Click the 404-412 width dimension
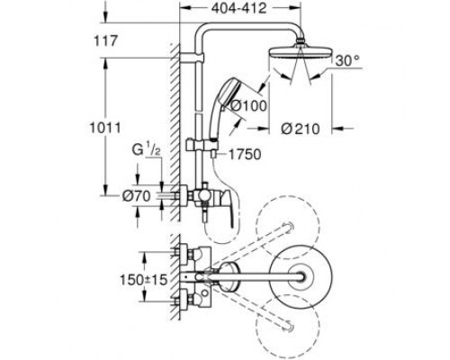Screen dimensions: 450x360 (239, 8)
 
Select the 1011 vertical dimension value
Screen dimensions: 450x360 (105, 128)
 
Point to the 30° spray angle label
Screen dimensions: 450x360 (347, 61)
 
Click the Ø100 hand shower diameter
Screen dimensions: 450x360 (249, 105)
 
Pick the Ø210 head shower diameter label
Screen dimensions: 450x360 (301, 130)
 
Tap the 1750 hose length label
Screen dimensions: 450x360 (245, 155)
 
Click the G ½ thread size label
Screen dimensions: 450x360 (147, 150)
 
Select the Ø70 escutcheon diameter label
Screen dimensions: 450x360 (136, 196)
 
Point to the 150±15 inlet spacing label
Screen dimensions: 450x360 (143, 280)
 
